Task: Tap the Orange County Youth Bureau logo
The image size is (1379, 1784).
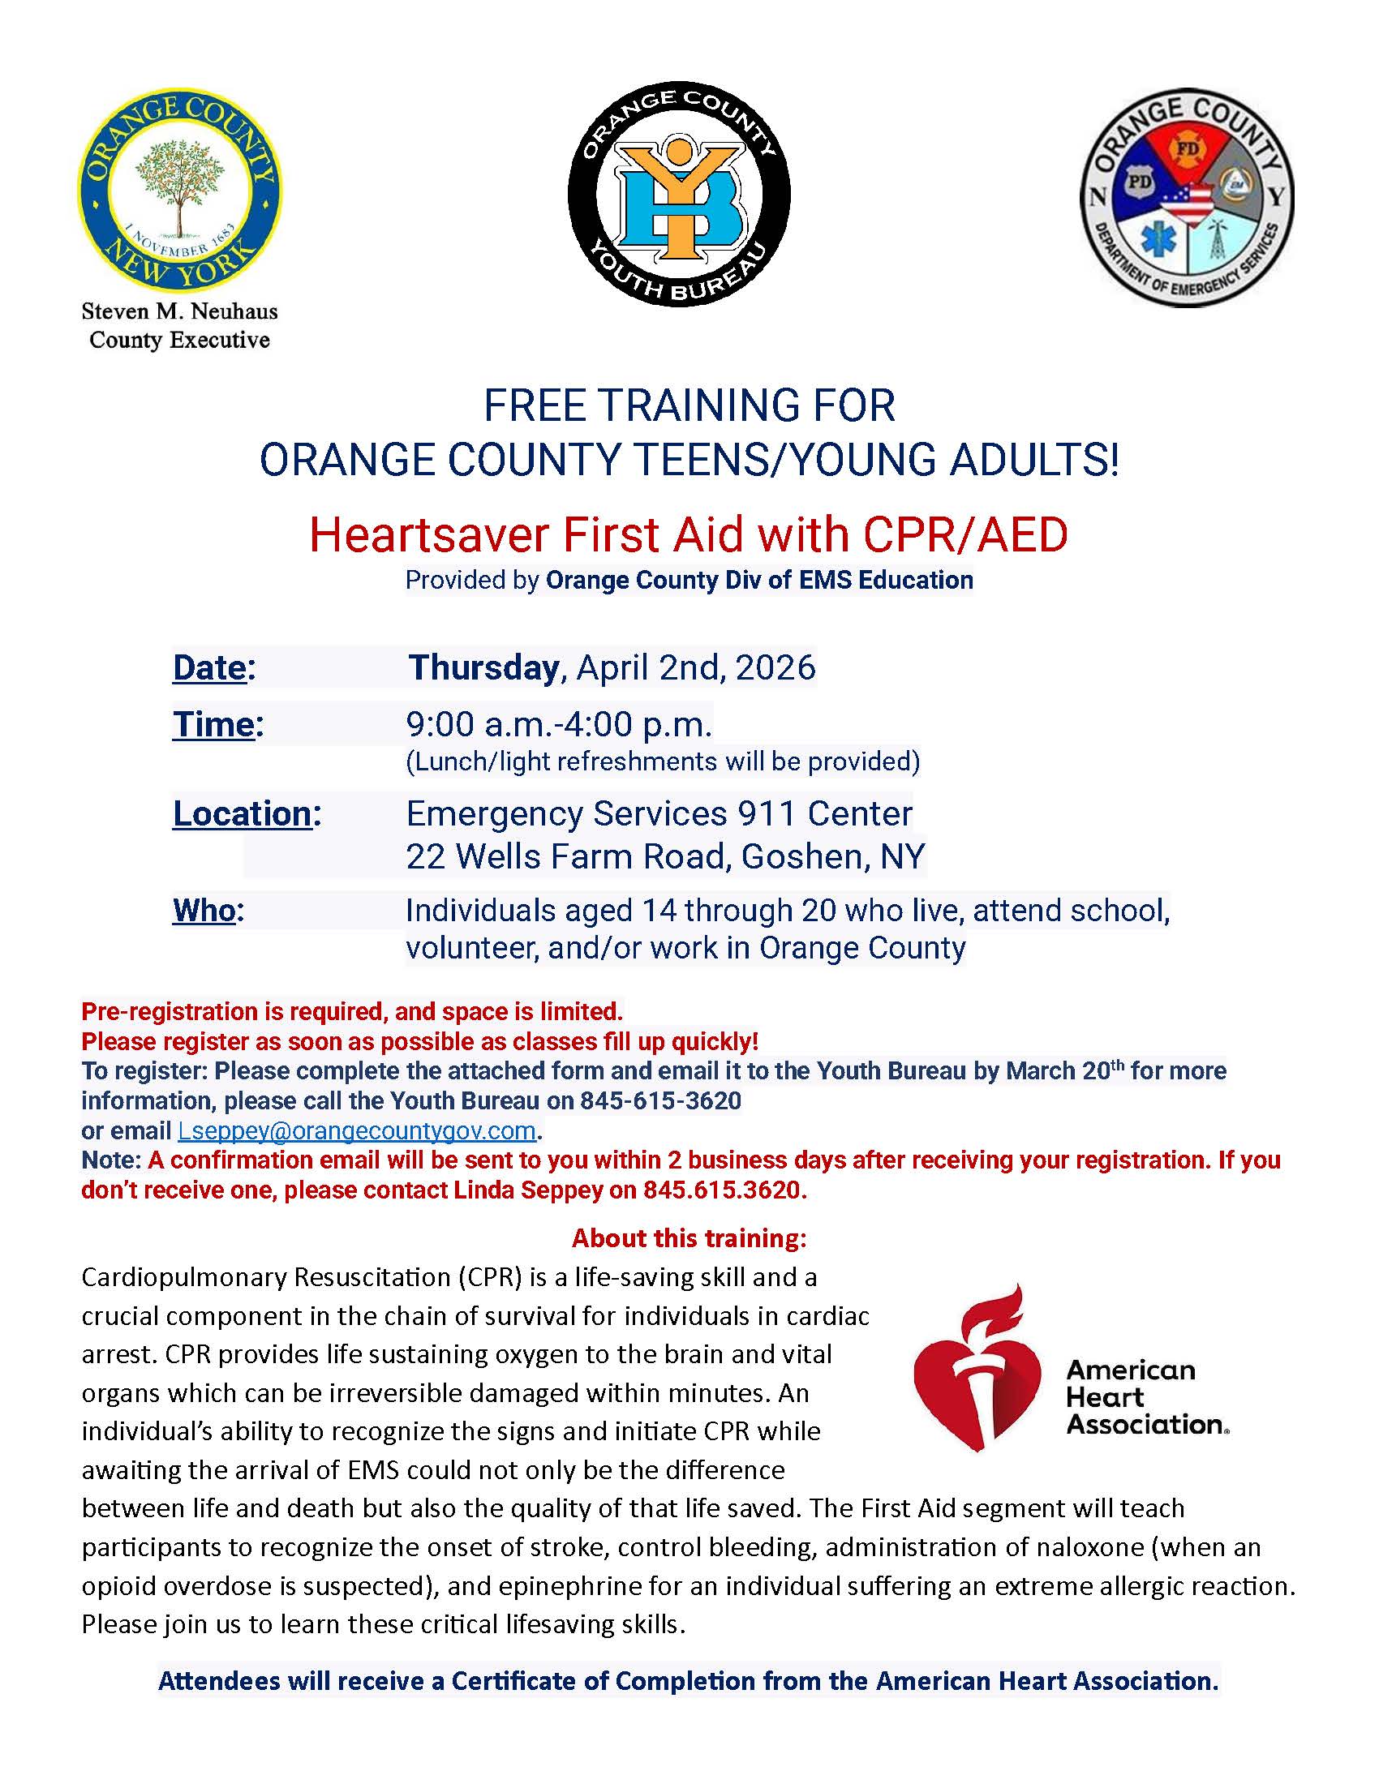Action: [x=679, y=195]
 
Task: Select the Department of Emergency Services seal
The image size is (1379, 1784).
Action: [x=1186, y=198]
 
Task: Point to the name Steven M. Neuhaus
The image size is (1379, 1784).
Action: [x=180, y=311]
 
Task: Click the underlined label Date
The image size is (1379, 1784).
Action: [x=209, y=667]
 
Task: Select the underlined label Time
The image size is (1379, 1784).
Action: [x=213, y=724]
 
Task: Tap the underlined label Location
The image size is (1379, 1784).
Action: [x=242, y=813]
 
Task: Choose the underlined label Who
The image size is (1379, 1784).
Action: [x=204, y=910]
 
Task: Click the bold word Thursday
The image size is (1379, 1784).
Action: [x=483, y=667]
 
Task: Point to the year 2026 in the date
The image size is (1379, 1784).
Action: [x=775, y=667]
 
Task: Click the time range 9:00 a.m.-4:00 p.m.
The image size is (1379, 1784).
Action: [x=560, y=724]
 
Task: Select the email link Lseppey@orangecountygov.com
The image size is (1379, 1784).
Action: [x=357, y=1130]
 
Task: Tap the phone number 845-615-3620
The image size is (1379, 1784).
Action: [x=660, y=1100]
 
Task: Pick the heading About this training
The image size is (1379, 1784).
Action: [x=689, y=1238]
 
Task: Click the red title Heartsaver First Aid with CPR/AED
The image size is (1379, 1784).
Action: [x=689, y=536]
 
